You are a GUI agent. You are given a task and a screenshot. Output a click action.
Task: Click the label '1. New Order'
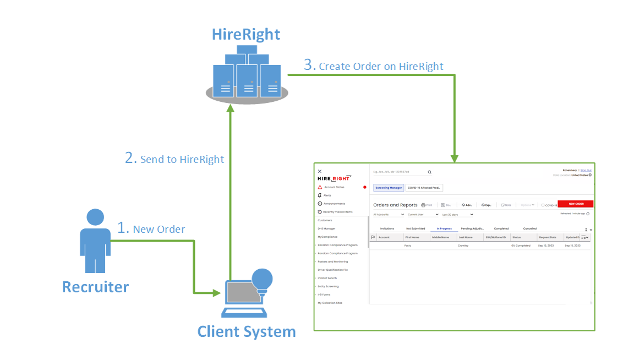(151, 228)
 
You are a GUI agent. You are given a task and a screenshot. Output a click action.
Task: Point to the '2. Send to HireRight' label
(174, 159)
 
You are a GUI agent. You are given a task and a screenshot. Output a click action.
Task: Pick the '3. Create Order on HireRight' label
(374, 66)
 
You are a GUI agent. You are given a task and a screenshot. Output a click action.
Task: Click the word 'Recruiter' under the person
(95, 287)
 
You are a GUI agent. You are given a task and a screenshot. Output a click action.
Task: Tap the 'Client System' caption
(246, 331)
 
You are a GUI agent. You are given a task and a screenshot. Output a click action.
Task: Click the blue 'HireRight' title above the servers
(246, 34)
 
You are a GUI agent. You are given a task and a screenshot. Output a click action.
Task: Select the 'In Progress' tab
(444, 228)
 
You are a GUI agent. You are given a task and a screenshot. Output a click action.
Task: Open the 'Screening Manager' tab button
(389, 188)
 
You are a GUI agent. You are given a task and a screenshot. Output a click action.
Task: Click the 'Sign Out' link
(586, 170)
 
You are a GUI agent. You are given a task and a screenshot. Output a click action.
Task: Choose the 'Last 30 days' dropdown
(457, 214)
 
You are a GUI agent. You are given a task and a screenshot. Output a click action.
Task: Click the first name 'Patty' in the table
(408, 246)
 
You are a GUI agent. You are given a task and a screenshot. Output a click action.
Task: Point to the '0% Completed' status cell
(521, 246)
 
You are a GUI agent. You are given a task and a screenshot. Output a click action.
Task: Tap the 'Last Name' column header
(465, 237)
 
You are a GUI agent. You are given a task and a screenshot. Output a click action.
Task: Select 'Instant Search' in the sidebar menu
(327, 278)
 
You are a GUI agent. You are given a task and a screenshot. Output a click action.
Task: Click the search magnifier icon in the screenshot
(430, 172)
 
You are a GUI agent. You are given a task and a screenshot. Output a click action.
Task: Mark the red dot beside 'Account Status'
(364, 187)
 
